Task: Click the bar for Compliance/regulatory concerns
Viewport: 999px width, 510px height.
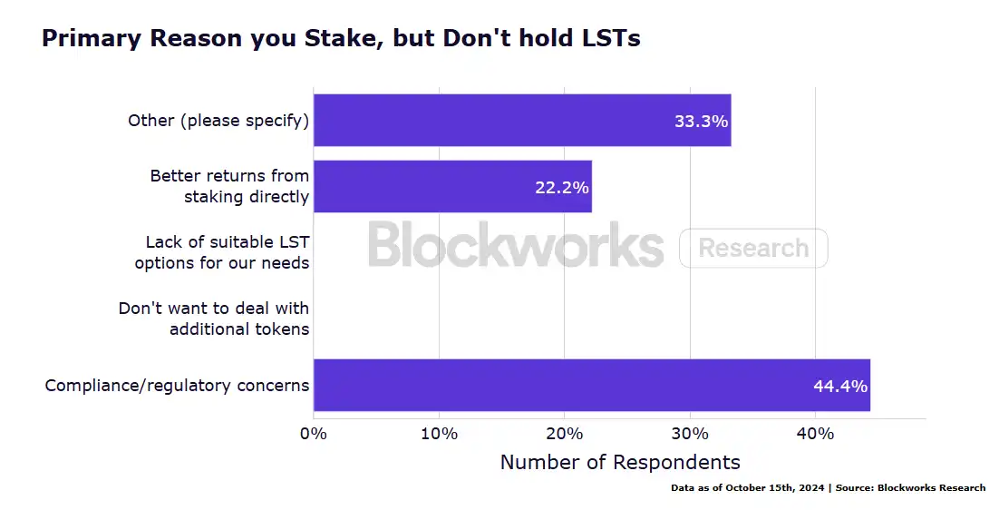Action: click(591, 385)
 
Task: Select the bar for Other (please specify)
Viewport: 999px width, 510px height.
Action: click(521, 120)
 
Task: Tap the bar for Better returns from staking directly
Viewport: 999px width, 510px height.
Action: click(451, 186)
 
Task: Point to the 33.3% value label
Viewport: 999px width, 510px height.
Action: click(701, 121)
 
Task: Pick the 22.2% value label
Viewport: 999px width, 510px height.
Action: click(561, 188)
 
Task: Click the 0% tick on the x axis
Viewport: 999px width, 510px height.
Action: click(314, 434)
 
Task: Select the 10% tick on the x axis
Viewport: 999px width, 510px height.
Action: click(439, 434)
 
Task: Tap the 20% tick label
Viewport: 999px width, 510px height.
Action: click(564, 434)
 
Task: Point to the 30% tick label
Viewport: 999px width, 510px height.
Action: click(690, 434)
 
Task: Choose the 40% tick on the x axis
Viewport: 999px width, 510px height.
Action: click(815, 434)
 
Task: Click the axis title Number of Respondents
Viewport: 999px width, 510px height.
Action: click(620, 462)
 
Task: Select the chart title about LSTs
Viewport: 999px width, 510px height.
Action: click(341, 38)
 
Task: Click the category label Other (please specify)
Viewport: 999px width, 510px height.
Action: click(218, 121)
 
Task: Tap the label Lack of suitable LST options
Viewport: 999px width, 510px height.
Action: click(223, 252)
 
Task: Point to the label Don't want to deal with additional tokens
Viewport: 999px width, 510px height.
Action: click(215, 319)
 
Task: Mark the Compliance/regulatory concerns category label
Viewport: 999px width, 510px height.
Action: click(178, 386)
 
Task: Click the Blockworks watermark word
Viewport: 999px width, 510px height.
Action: click(516, 245)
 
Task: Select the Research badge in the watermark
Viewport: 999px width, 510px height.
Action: click(753, 248)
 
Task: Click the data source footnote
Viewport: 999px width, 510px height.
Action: click(828, 488)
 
